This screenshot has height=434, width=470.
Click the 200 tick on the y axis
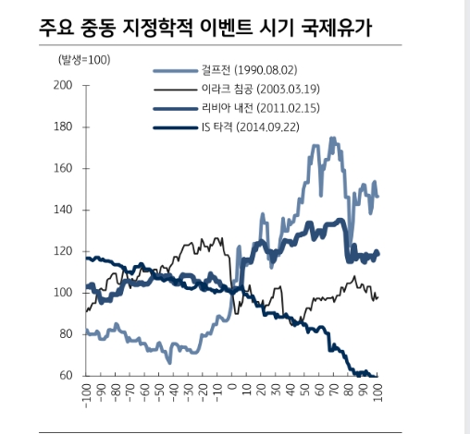[63, 85]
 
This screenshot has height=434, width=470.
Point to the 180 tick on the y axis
[63, 127]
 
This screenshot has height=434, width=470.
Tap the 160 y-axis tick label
[63, 168]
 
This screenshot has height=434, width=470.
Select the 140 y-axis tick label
[63, 210]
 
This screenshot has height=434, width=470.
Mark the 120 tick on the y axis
[63, 251]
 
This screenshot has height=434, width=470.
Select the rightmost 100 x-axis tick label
[377, 393]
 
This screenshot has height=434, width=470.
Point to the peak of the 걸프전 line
[331, 139]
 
